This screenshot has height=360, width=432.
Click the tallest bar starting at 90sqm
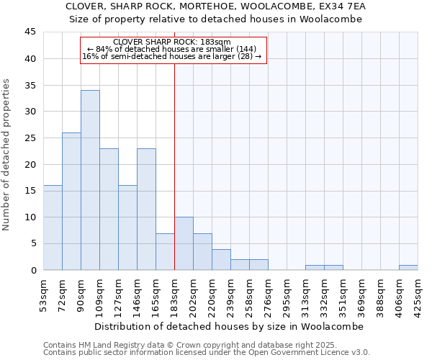point(90,180)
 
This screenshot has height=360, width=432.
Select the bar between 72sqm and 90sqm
point(71,202)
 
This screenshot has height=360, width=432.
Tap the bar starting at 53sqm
point(53,228)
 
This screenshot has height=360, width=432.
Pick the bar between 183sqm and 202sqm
point(184,243)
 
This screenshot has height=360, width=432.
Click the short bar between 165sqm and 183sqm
point(165,251)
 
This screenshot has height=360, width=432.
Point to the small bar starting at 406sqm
point(408,268)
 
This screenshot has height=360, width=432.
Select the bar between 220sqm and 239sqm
point(221,259)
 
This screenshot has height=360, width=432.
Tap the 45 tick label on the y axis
point(30,32)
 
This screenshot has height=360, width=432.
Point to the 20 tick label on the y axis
point(30,164)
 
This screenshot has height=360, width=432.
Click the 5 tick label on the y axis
point(33,243)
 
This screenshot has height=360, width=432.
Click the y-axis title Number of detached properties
point(7,155)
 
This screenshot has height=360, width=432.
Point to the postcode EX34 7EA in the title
point(340,6)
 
